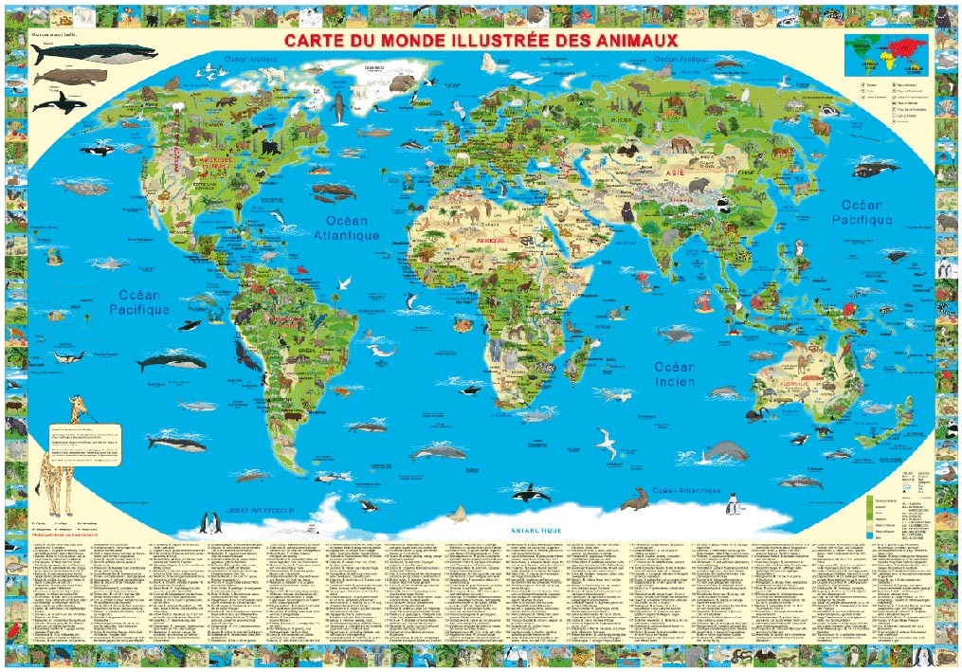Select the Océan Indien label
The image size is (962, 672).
(x=673, y=373)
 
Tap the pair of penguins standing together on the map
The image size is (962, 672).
(x=210, y=522)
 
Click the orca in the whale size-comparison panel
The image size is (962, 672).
(x=66, y=100)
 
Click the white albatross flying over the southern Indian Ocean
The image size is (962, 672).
(x=606, y=440)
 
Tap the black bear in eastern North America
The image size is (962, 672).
(x=269, y=147)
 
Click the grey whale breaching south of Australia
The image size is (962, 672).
(x=726, y=452)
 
